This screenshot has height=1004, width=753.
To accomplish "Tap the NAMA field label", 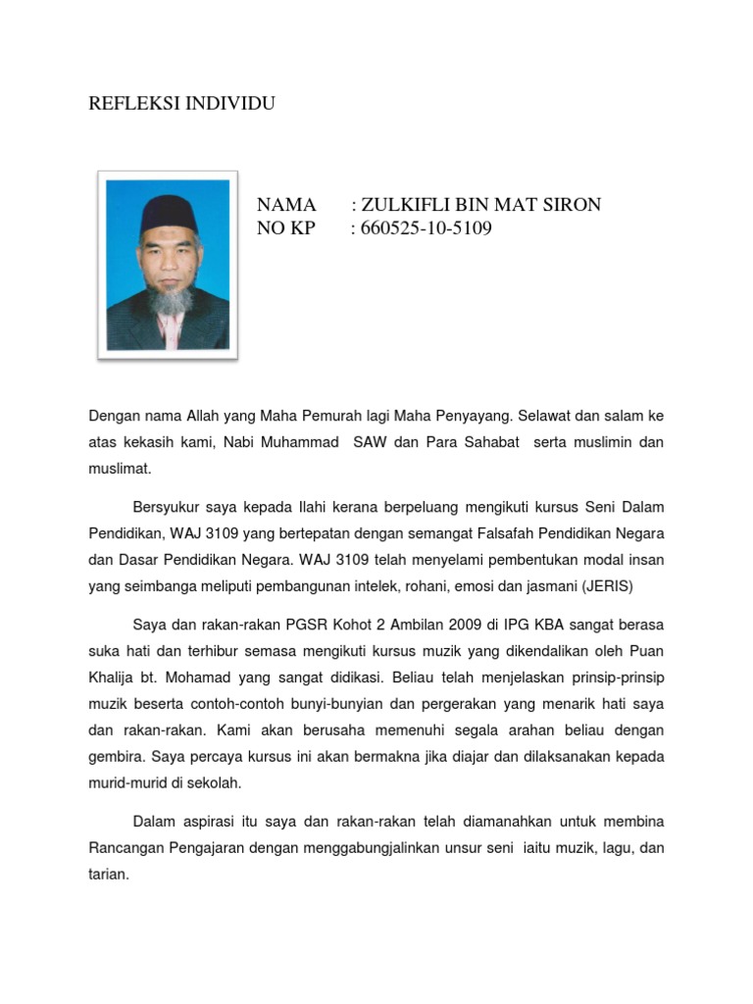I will pyautogui.click(x=286, y=205).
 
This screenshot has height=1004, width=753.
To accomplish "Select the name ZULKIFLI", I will pyautogui.click(x=402, y=205).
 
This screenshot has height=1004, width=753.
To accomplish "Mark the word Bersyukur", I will pyautogui.click(x=168, y=507).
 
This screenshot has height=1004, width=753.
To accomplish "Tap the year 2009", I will pyautogui.click(x=456, y=625).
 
